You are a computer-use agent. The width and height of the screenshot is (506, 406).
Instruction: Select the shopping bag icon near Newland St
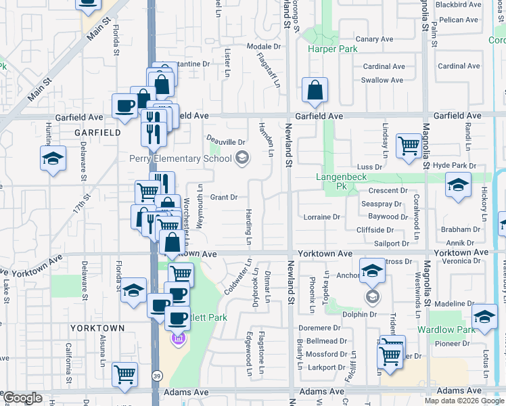point(315,91)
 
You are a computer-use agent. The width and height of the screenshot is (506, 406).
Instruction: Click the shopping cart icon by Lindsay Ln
point(409,145)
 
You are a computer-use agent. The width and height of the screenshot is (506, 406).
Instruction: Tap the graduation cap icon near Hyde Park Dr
point(459,185)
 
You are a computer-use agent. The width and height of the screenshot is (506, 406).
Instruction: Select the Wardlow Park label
point(446,330)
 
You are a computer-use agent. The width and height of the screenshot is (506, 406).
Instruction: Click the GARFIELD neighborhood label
point(94,133)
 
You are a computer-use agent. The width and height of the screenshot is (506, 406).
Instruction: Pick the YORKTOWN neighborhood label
point(97,328)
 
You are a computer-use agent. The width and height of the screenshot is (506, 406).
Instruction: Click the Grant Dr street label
point(223,198)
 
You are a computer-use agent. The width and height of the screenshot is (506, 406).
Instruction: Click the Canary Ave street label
point(375,39)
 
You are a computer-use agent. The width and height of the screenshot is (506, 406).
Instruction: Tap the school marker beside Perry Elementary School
point(241,158)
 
